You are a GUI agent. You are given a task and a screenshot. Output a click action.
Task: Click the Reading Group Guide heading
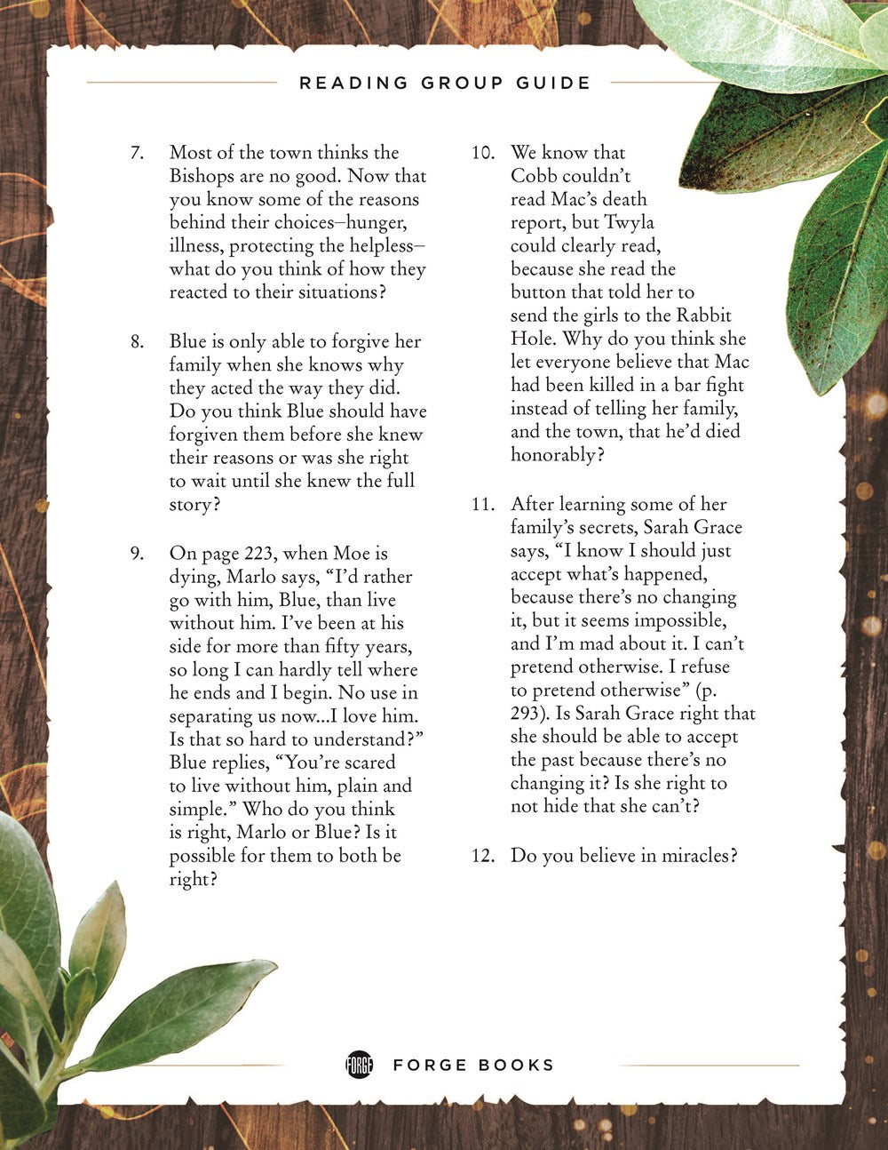pyautogui.click(x=444, y=84)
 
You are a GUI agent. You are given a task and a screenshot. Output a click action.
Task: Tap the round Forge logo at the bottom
pyautogui.click(x=359, y=1065)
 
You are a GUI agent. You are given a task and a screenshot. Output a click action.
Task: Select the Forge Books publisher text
pyautogui.click(x=473, y=1065)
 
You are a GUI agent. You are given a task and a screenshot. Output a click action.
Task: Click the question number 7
pyautogui.click(x=137, y=153)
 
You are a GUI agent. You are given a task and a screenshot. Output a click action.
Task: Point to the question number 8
pyautogui.click(x=137, y=342)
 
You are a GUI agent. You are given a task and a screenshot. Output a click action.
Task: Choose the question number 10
pyautogui.click(x=482, y=153)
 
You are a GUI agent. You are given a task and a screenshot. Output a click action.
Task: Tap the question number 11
pyautogui.click(x=482, y=505)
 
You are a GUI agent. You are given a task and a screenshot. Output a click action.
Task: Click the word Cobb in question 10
pyautogui.click(x=534, y=176)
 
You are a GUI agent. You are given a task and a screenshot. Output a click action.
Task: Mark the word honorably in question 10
pyautogui.click(x=551, y=455)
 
